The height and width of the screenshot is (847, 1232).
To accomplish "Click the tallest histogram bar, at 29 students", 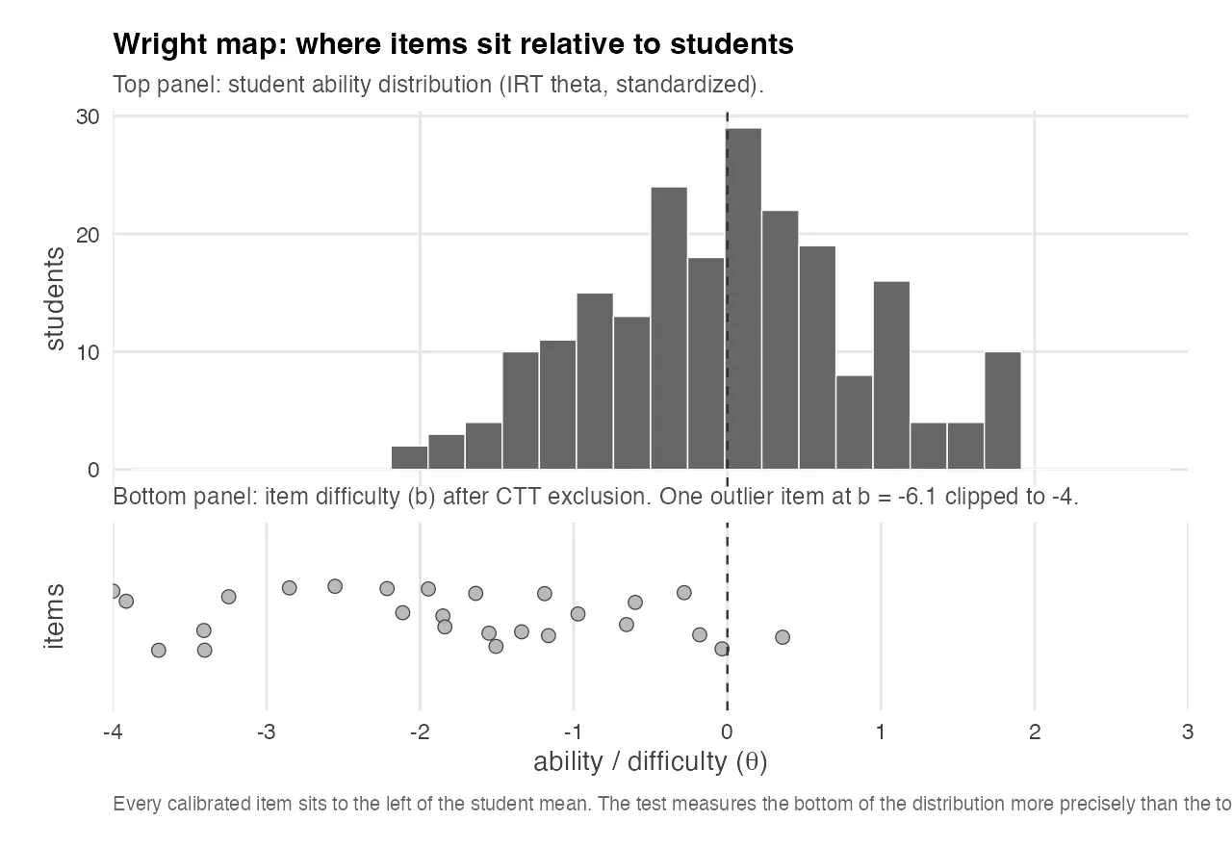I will point(744,298).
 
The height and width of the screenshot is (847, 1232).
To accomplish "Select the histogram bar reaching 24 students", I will point(669,327).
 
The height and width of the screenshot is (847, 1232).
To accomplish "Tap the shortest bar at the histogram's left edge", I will point(410,458).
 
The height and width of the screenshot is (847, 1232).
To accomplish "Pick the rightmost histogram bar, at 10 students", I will point(1002,410).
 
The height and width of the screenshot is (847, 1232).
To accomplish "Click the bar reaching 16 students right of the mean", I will point(891,375).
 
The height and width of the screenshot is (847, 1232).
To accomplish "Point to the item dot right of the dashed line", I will point(783,637).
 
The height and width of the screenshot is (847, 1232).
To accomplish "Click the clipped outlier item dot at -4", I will point(114,591).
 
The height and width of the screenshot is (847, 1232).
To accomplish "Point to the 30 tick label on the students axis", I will point(89,116).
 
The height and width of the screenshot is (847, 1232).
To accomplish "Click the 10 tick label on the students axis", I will point(89,352).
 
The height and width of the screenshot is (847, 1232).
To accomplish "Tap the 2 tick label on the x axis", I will point(1034,731).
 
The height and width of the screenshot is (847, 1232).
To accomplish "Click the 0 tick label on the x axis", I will point(727,731).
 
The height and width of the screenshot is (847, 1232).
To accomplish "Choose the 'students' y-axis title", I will point(55,298).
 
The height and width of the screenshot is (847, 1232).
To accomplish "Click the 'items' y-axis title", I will point(55,617).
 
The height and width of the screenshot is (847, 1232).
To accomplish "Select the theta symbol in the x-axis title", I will point(751,762).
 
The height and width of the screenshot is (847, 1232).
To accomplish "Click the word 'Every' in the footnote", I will point(132,804).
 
